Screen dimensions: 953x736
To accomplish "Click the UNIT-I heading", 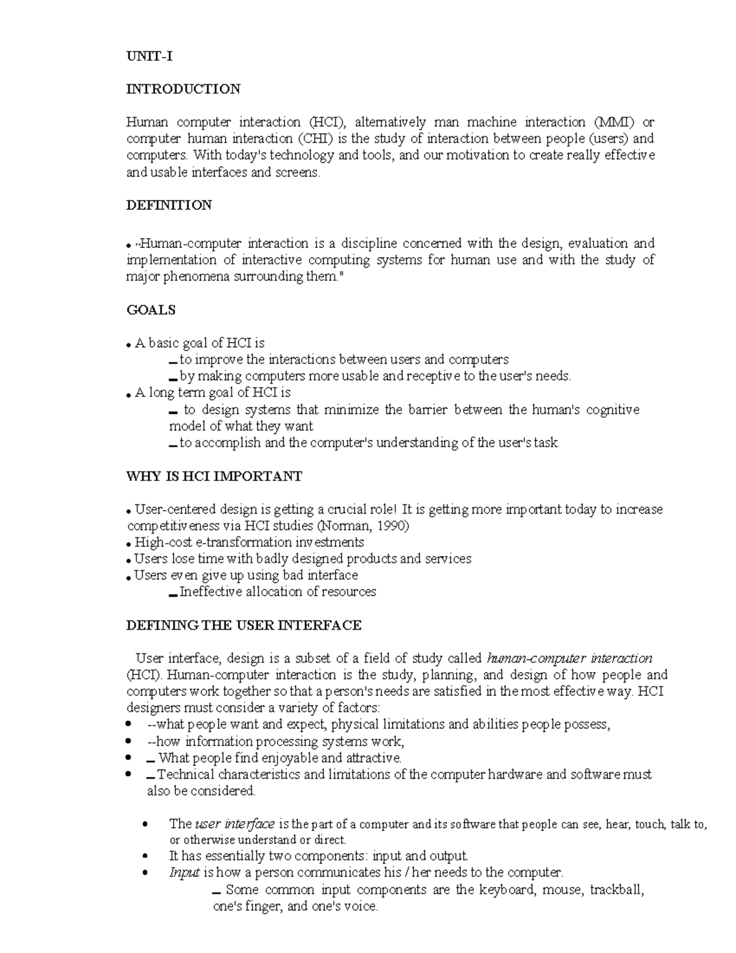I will pyautogui.click(x=149, y=56).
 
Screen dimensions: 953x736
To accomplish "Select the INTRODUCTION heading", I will pyautogui.click(x=183, y=89).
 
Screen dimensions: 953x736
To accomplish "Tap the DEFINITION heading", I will pyautogui.click(x=169, y=205).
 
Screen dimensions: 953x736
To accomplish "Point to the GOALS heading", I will pyautogui.click(x=151, y=310).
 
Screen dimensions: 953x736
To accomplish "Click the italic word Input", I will pyautogui.click(x=185, y=873).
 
